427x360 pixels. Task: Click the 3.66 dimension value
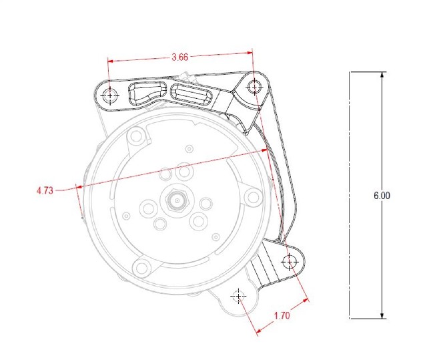(x=179, y=57)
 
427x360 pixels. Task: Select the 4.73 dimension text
(x=45, y=190)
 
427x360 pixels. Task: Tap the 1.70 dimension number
(x=282, y=315)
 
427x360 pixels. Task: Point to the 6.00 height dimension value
(x=382, y=196)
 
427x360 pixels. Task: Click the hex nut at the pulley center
(x=177, y=201)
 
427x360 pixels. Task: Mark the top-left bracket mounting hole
(x=110, y=96)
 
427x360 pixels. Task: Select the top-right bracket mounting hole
(x=254, y=87)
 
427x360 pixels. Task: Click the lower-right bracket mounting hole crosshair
(x=289, y=262)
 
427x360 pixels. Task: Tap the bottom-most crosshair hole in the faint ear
(x=238, y=296)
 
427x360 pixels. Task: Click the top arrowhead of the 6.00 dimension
(x=382, y=75)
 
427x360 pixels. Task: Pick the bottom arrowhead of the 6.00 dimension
(x=382, y=315)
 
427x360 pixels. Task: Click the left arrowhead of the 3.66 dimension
(x=111, y=61)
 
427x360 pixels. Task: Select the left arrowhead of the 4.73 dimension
(x=79, y=187)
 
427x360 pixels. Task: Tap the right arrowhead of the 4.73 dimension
(x=264, y=150)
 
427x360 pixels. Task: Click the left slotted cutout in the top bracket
(x=147, y=94)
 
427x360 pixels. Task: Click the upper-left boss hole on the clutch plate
(x=135, y=137)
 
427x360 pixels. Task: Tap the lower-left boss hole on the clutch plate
(x=141, y=267)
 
